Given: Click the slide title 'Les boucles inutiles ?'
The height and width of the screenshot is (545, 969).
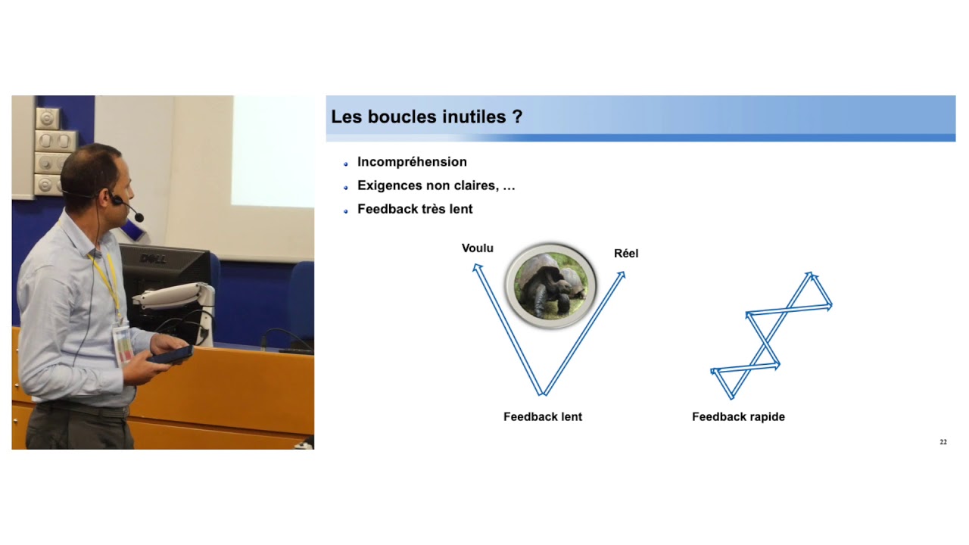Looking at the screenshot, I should [x=426, y=117].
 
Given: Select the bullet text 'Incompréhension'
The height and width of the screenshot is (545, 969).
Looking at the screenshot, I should [x=412, y=162].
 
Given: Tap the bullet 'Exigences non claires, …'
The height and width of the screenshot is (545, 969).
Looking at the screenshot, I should [x=436, y=185].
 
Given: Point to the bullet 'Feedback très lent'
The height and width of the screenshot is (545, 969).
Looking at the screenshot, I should [x=415, y=209].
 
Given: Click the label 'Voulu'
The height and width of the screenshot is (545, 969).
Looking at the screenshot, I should [x=478, y=248].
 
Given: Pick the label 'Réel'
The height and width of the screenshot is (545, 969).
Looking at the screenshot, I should [x=626, y=254].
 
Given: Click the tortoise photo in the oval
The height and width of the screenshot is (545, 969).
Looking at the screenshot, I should [x=550, y=285].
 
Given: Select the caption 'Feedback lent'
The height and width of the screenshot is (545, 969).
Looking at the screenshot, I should [x=543, y=417].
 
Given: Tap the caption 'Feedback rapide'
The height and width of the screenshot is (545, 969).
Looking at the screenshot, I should [x=738, y=417].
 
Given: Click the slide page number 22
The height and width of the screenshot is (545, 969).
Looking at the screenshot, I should [x=943, y=442].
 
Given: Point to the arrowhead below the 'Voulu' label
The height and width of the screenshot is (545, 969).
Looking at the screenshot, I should [x=477, y=266].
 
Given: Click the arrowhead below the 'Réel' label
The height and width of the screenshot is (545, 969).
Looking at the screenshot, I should [x=622, y=275].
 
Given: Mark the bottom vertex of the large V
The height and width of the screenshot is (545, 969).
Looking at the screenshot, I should [x=543, y=393].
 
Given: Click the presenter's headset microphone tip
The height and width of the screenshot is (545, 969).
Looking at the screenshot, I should [x=139, y=218].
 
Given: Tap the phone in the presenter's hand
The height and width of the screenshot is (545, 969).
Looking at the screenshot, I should [x=171, y=354].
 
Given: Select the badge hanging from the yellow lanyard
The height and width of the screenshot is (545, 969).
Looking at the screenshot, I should [x=122, y=345].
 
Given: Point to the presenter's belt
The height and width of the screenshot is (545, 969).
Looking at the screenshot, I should [x=83, y=410].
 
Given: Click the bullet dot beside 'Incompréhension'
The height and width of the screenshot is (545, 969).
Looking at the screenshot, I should [x=346, y=163].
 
